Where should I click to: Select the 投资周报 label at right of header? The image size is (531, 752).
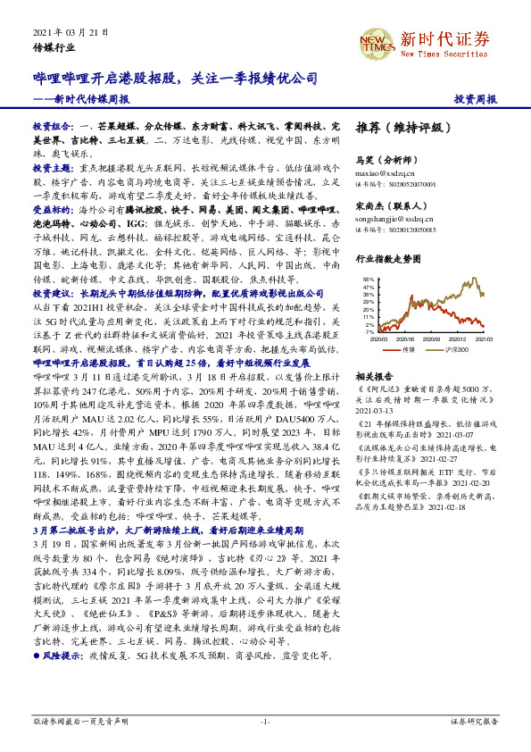[475, 99]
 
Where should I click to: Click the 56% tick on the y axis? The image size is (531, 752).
[369, 280]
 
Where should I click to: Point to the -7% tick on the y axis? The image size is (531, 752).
[369, 331]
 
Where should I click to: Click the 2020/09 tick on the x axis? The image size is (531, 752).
[432, 339]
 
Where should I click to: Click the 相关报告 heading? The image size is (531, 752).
[373, 377]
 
